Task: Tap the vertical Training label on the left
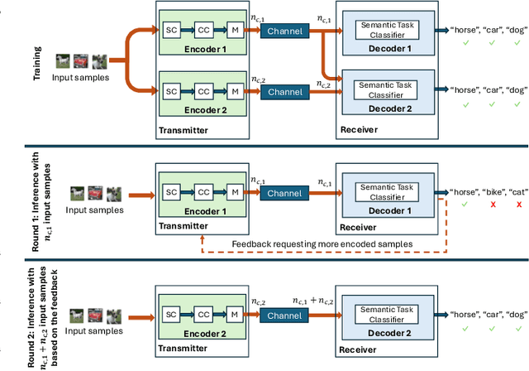37,62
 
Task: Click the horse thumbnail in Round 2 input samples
76,316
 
